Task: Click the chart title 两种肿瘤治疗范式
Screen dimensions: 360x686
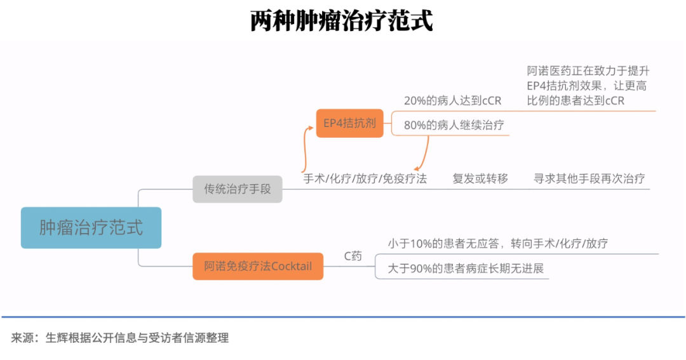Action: pyautogui.click(x=342, y=21)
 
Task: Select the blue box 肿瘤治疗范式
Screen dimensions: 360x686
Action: pyautogui.click(x=91, y=227)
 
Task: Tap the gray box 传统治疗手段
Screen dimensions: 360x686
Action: pyautogui.click(x=238, y=189)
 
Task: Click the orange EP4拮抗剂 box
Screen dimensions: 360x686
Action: pyautogui.click(x=349, y=123)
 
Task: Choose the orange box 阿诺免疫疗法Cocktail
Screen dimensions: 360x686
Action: pyautogui.click(x=258, y=266)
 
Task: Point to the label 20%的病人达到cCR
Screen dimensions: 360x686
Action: pyautogui.click(x=452, y=101)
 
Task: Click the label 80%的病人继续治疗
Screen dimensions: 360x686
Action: pyautogui.click(x=454, y=125)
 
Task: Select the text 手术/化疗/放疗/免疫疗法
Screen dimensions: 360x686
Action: pyautogui.click(x=365, y=178)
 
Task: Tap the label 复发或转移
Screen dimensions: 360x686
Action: pyautogui.click(x=480, y=178)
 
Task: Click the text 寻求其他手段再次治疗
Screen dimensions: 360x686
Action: pyautogui.click(x=589, y=178)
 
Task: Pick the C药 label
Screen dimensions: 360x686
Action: pyautogui.click(x=353, y=257)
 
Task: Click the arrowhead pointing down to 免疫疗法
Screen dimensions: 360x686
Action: pyautogui.click(x=417, y=166)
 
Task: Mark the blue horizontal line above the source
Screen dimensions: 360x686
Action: pyautogui.click(x=343, y=316)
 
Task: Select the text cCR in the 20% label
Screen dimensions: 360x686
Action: pyautogui.click(x=491, y=101)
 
